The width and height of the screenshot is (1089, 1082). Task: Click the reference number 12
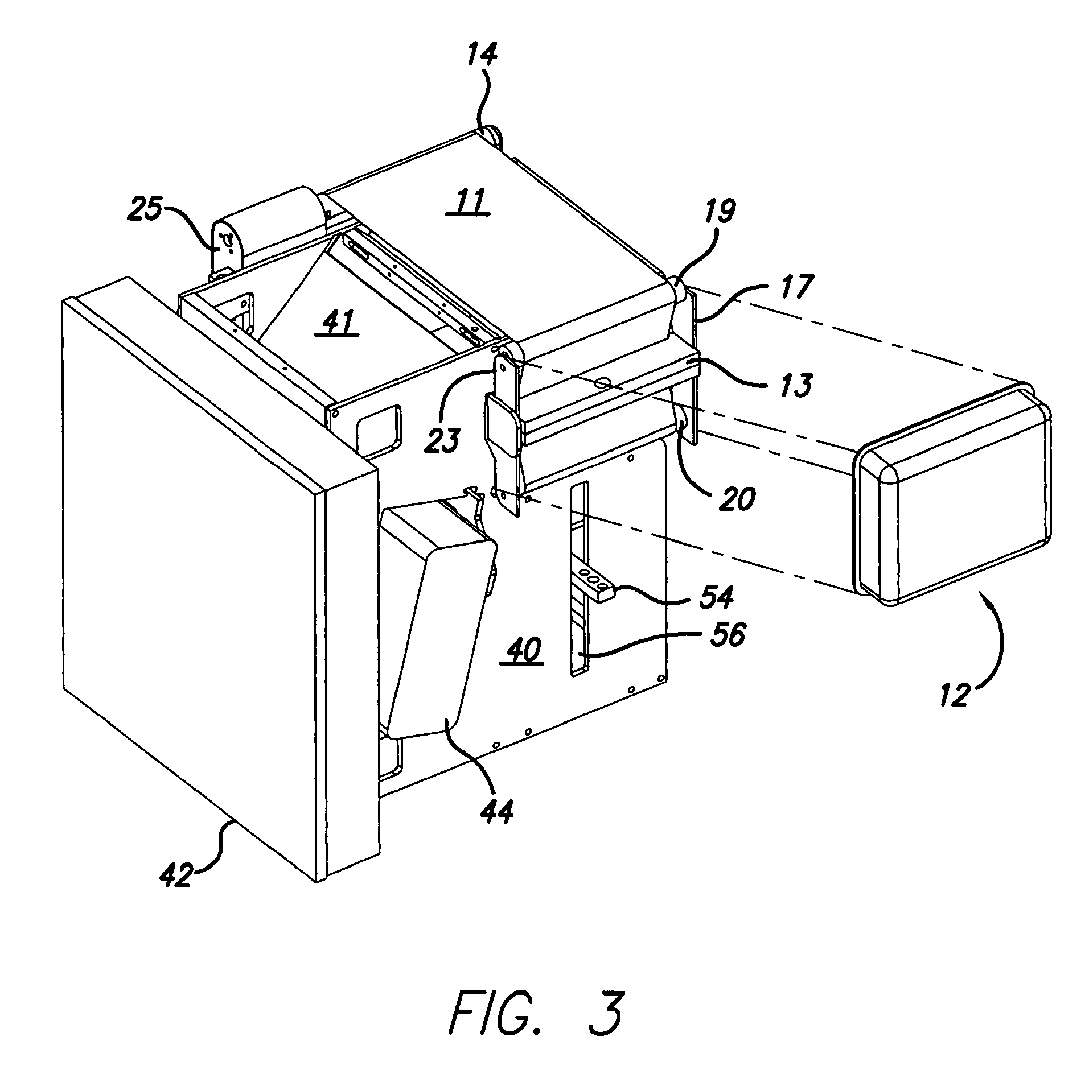point(955,693)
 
